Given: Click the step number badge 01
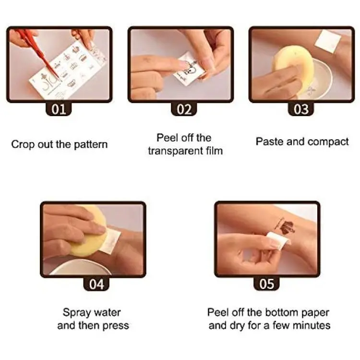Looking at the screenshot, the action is [x=59, y=109].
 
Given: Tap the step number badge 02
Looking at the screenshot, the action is [x=184, y=109].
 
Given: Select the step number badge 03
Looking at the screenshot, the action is [x=301, y=109].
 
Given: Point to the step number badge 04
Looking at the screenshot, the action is [x=96, y=284].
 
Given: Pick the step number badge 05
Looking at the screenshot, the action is [x=266, y=284].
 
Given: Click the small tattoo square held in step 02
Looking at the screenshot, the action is [x=189, y=69].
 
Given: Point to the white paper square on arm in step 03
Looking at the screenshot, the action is [x=328, y=41].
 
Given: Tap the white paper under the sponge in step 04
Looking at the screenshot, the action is [x=111, y=241].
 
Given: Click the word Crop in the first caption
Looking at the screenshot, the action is [x=22, y=145].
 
